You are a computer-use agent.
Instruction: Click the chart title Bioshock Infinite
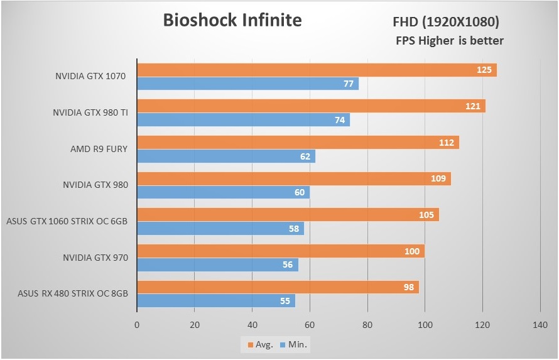232,20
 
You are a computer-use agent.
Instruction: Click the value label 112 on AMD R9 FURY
447,143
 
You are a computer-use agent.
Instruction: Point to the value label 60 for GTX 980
300,192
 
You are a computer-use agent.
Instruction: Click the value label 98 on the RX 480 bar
408,287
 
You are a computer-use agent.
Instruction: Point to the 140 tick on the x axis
540,325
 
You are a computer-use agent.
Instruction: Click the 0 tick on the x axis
137,325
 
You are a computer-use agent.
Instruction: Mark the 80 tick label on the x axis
367,325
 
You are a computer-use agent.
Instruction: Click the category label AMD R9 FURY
99,149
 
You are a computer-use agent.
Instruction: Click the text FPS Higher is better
449,41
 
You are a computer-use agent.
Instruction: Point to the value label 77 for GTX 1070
349,84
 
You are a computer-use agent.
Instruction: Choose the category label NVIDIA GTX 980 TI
90,113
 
